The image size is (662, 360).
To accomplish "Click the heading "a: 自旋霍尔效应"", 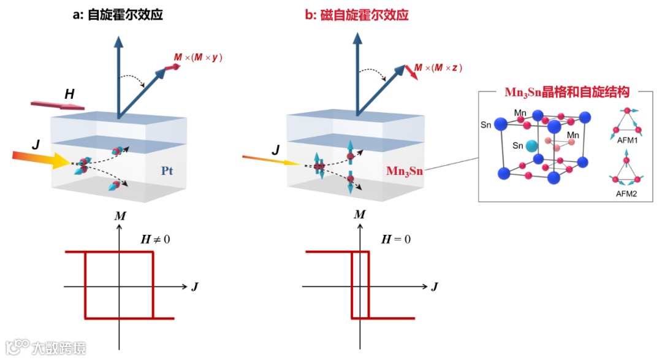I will [118, 15].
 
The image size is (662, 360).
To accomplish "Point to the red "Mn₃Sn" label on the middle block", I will [406, 170].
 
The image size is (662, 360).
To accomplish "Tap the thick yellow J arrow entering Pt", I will [43, 159].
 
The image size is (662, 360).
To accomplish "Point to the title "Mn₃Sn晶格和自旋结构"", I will [569, 93].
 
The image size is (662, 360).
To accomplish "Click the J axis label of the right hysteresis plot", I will [435, 286].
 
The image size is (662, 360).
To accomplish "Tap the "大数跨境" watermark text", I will [59, 348].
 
